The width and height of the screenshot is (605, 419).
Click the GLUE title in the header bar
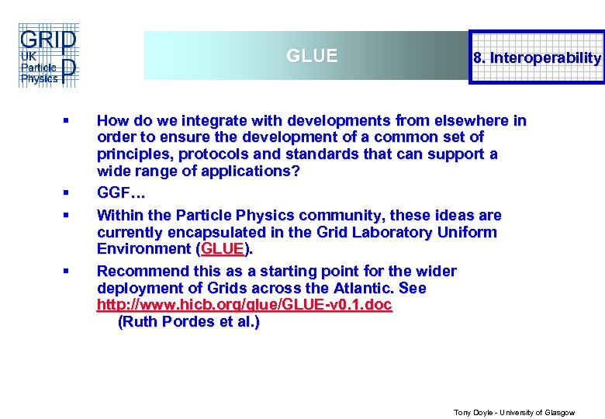(x=312, y=57)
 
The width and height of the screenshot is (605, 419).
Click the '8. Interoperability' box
(x=538, y=57)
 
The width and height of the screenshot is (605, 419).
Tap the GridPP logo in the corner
(x=48, y=57)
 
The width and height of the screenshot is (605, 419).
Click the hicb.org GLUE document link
(x=244, y=306)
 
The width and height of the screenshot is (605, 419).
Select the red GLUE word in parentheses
(x=223, y=249)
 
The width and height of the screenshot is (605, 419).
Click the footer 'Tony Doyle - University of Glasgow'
(x=513, y=413)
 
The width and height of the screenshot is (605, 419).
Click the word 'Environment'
(x=144, y=249)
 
